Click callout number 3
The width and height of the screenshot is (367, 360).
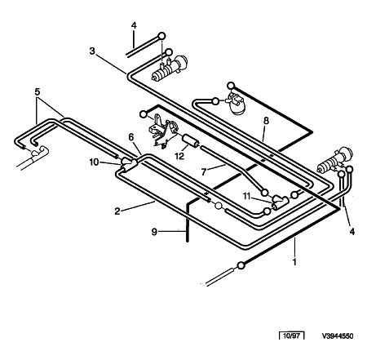92,51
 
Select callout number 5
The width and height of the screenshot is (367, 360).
38,91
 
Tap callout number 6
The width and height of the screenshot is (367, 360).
131,137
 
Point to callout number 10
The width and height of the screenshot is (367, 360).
94,162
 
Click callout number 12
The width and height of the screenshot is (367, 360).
179,156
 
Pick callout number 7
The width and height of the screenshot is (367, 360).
204,172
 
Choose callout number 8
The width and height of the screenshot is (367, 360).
266,121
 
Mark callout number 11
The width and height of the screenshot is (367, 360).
246,196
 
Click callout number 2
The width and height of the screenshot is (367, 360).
117,211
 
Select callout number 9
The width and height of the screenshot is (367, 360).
154,232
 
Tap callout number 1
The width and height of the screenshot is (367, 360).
294,262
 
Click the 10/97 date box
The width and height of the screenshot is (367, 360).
292,336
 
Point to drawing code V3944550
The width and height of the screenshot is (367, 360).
338,336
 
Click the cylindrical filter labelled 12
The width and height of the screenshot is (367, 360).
190,141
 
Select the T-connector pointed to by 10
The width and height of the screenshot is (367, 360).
129,162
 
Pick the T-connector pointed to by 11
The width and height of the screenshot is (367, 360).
280,202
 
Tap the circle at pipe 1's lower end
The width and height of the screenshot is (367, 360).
241,264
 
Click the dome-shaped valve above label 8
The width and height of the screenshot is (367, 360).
236,103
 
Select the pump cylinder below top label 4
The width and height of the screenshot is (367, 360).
169,68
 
